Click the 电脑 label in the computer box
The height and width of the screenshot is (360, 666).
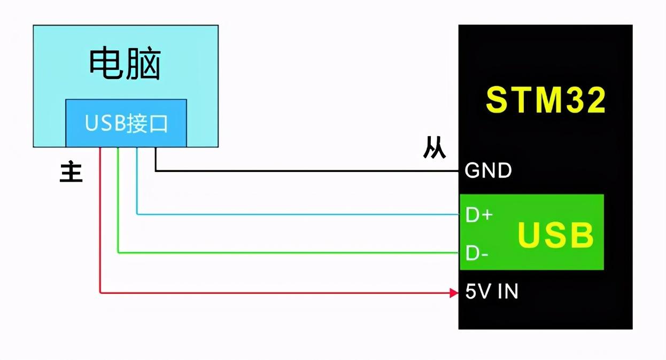[x=125, y=64]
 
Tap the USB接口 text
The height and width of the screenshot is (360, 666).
[x=126, y=124]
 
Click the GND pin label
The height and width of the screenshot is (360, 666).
[x=488, y=171]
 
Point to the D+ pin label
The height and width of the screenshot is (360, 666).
[x=479, y=215]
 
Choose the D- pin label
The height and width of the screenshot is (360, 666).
[x=477, y=253]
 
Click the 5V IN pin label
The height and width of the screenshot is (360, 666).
[x=491, y=292]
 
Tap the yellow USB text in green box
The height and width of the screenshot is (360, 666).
[x=556, y=235]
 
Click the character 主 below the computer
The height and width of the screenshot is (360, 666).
[x=71, y=173]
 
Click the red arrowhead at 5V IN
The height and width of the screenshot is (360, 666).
[x=454, y=293]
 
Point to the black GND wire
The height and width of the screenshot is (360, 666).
[x=305, y=171]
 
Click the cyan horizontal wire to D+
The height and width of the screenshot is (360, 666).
[x=299, y=214]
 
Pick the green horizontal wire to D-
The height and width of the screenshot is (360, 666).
[x=289, y=252]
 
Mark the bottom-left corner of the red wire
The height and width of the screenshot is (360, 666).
[x=100, y=293]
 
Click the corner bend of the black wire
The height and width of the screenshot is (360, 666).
[x=156, y=171]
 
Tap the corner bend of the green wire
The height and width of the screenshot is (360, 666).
[x=118, y=252]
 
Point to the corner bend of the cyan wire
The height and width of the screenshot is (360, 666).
[x=137, y=214]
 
